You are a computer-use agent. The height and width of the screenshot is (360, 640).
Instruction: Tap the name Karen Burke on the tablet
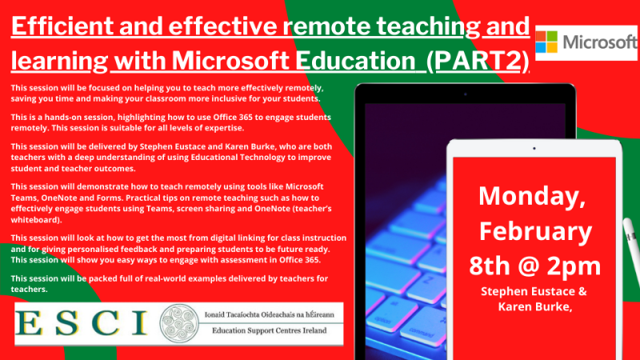(x=534, y=308)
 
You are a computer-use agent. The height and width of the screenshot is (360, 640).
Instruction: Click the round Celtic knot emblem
(x=180, y=323)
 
